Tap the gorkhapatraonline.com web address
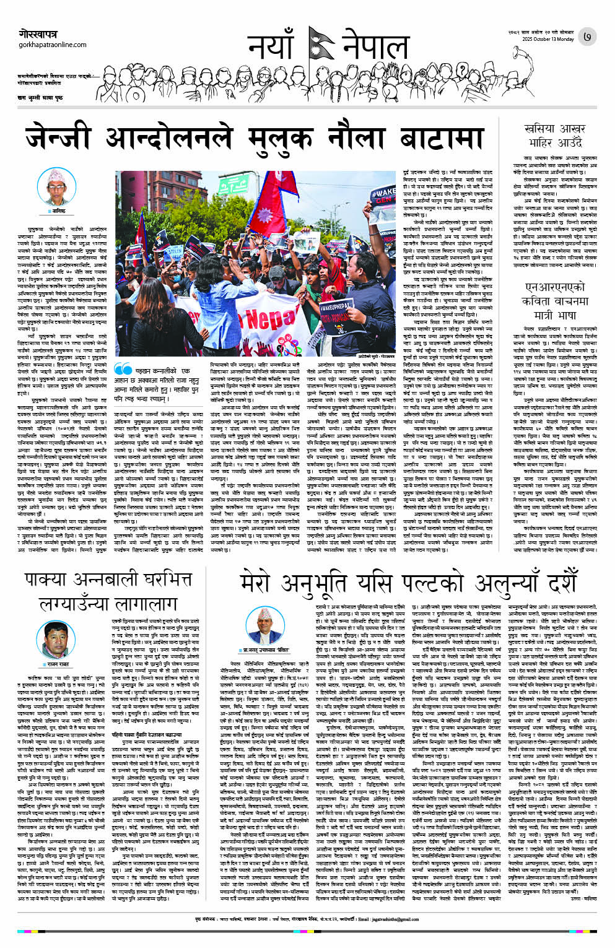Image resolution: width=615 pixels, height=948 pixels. [x=52, y=45]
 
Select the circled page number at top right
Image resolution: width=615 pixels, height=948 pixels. [x=587, y=37]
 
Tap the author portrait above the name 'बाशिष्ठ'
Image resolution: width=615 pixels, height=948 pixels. [x=58, y=186]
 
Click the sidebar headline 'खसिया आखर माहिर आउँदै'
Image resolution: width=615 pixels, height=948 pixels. [x=554, y=136]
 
